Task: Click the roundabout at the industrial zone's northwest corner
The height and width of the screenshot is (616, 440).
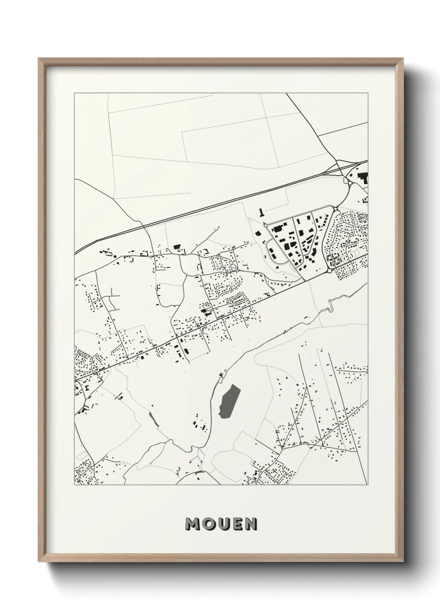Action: pyautogui.click(x=265, y=225)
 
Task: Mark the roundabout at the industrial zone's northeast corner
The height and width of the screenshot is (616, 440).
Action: pyautogui.click(x=335, y=209)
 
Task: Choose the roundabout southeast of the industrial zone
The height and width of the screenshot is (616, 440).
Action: pyautogui.click(x=329, y=271)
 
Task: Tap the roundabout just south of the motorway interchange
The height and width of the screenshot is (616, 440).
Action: pyautogui.click(x=350, y=183)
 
